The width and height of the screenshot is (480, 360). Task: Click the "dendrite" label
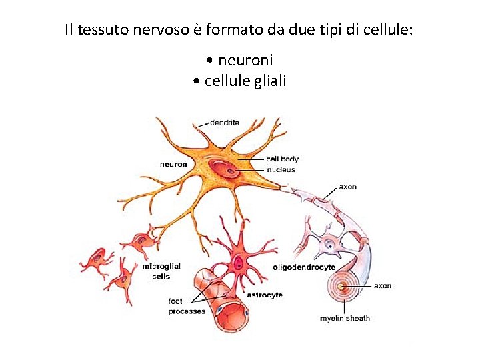pyautogui.click(x=225, y=123)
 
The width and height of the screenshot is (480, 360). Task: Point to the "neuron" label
pyautogui.click(x=173, y=165)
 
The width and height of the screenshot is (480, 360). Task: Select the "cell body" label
pyautogui.click(x=282, y=159)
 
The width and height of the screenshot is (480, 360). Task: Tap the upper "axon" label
pyautogui.click(x=347, y=187)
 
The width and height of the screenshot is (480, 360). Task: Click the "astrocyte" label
pyautogui.click(x=265, y=295)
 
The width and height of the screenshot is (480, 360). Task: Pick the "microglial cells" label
pyautogui.click(x=161, y=271)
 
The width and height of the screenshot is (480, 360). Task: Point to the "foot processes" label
pyautogui.click(x=186, y=307)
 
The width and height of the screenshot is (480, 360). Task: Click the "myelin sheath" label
pyautogui.click(x=345, y=318)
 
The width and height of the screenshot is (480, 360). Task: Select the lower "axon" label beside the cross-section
pyautogui.click(x=382, y=286)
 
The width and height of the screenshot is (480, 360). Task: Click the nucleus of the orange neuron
pyautogui.click(x=229, y=171)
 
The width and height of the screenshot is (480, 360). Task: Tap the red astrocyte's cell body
pyautogui.click(x=238, y=263)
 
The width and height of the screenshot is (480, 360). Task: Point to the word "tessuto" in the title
pyautogui.click(x=99, y=30)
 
